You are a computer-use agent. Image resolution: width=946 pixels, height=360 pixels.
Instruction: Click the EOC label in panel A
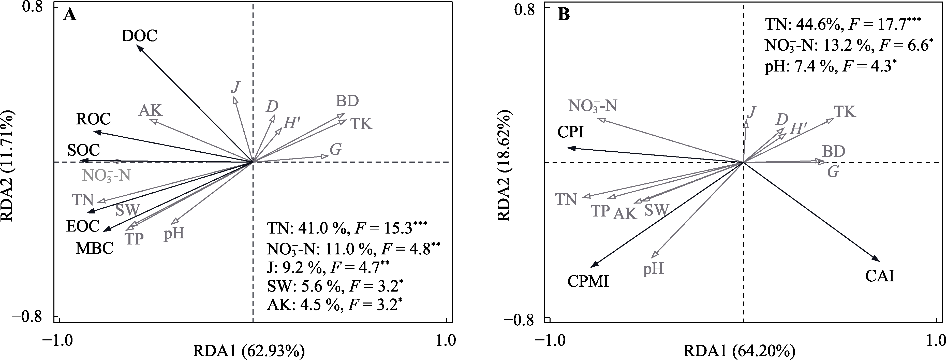83,226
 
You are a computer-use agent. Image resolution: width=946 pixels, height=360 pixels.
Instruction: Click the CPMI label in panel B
588,282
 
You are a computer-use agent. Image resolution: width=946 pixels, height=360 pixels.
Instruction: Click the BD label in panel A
347,101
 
